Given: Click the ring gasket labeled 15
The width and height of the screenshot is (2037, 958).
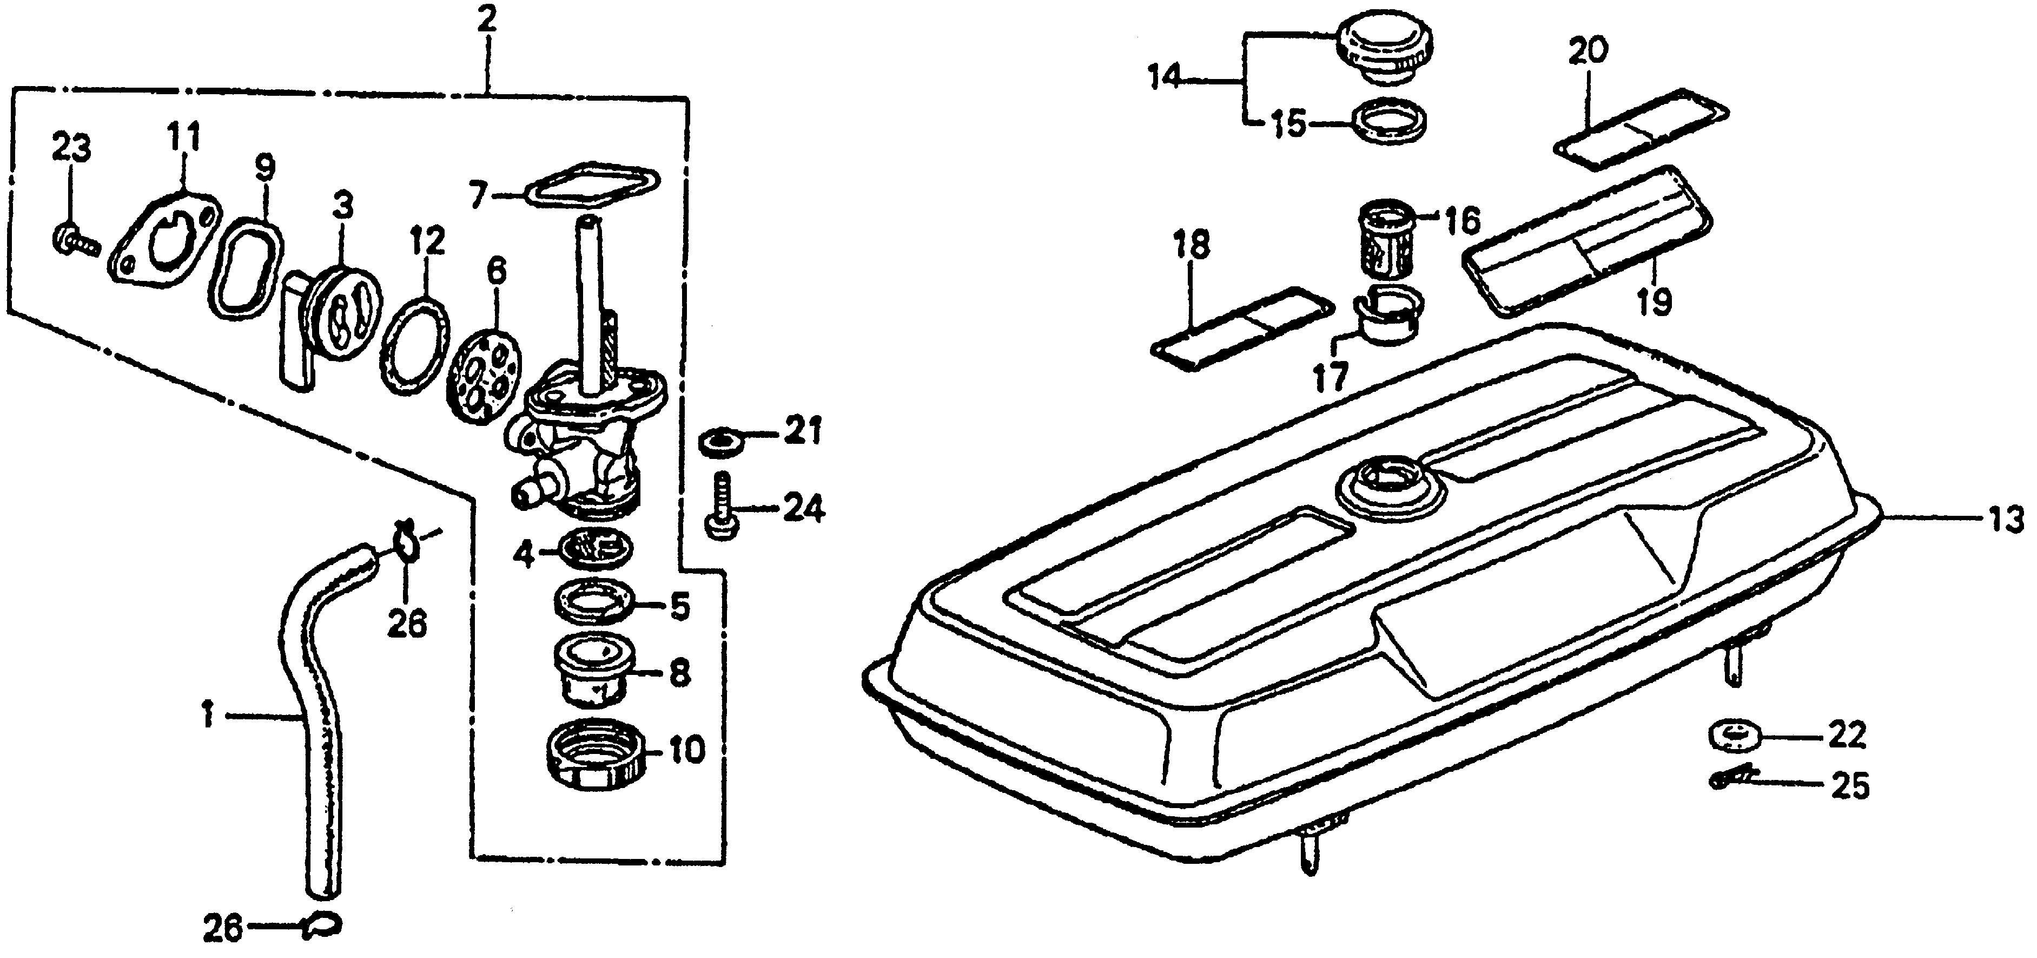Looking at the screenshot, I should click(1390, 123).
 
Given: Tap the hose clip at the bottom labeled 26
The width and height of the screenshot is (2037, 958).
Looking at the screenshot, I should click(322, 927).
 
